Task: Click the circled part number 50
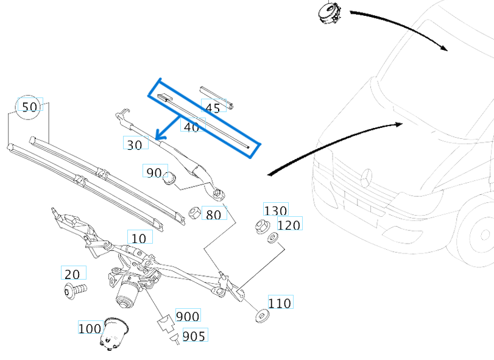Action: (29, 107)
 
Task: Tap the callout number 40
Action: (191, 127)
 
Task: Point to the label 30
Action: (135, 144)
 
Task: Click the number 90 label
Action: (153, 172)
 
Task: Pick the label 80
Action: (214, 214)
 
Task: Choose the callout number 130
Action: (275, 211)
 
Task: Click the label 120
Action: (289, 225)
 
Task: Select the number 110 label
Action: (280, 303)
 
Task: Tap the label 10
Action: (139, 238)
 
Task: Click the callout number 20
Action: (73, 274)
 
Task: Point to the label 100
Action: (90, 328)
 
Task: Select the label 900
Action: (188, 316)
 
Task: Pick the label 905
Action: (194, 335)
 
